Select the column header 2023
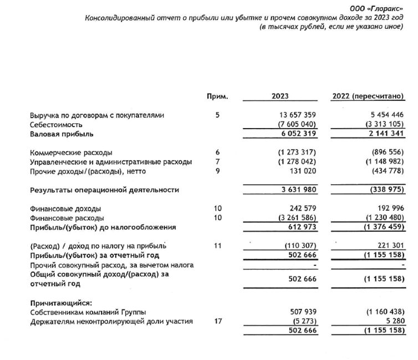click(280, 96)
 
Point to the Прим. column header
click(217, 96)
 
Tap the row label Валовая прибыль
click(62, 134)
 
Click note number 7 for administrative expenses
click(218, 161)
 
